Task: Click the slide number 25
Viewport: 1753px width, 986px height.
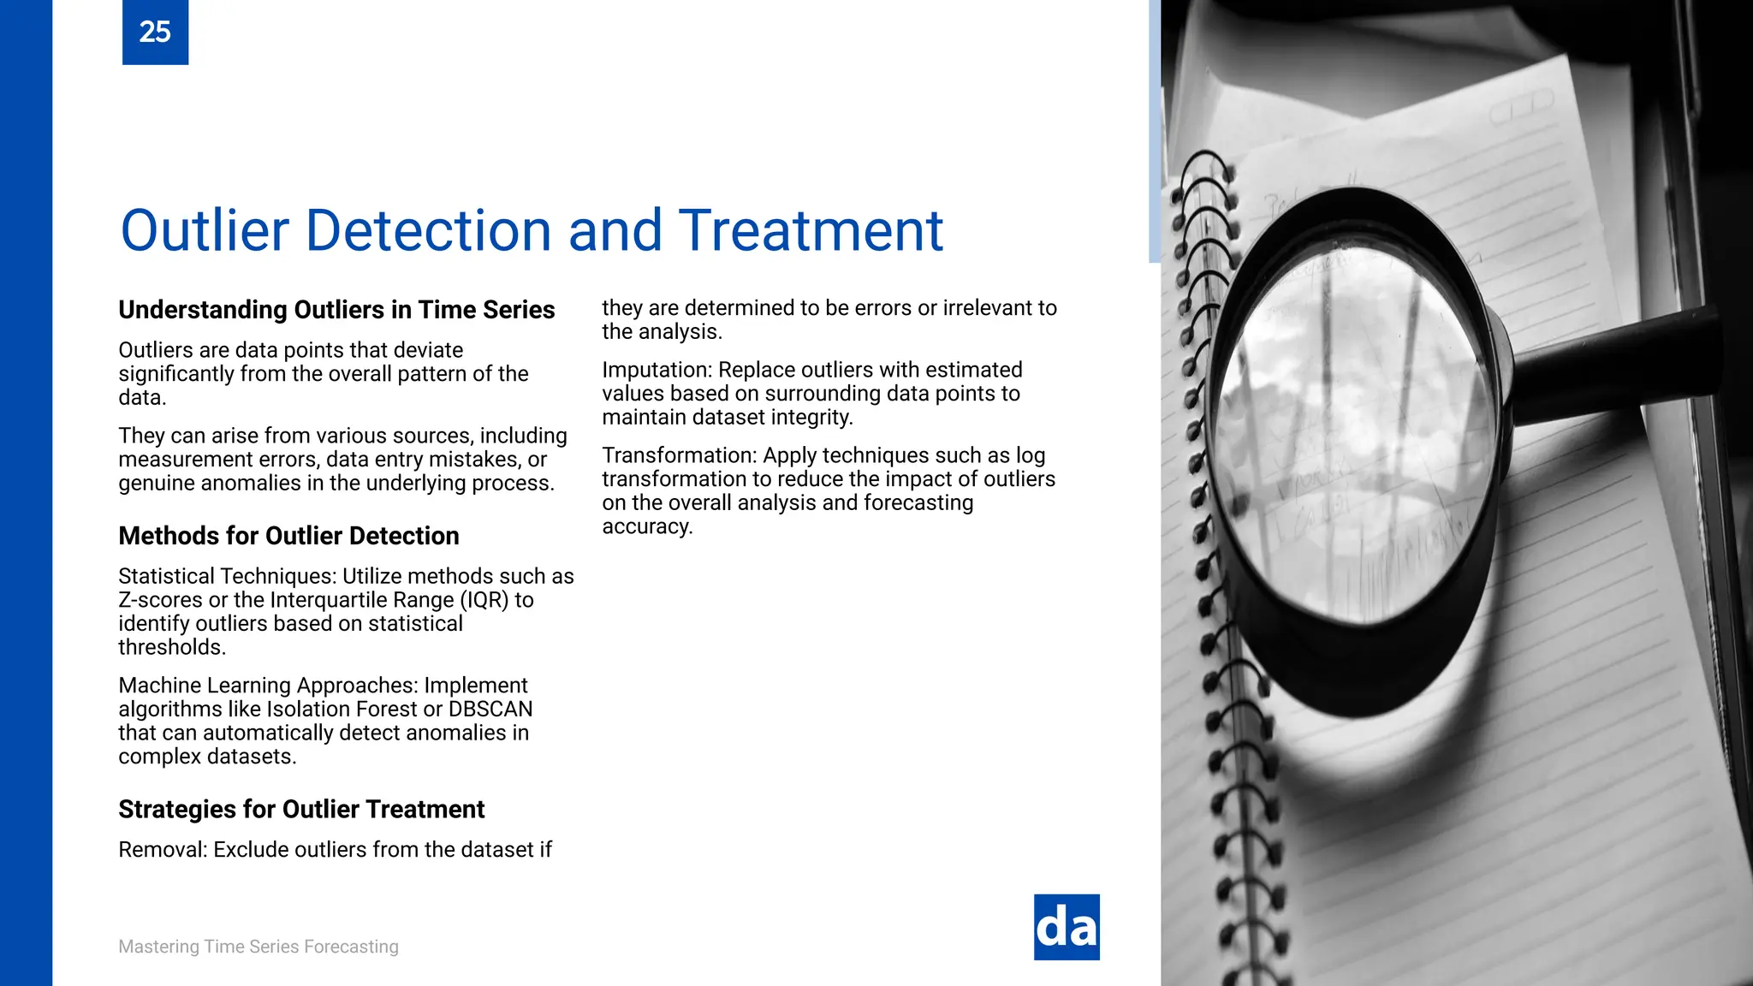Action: [155, 32]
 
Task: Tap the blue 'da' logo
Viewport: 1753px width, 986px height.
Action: [1067, 928]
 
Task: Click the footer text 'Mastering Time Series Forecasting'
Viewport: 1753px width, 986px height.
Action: [258, 947]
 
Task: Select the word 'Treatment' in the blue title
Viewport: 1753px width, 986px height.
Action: [811, 230]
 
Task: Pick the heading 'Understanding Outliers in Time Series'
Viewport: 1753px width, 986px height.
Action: [336, 310]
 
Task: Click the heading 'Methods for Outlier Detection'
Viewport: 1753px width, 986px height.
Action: [288, 536]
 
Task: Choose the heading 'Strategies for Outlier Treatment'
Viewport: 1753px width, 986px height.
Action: [301, 810]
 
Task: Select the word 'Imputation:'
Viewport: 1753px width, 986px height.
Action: [657, 370]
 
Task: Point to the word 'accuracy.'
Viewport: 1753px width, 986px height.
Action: [647, 526]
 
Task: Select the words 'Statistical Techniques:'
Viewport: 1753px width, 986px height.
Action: [227, 576]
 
